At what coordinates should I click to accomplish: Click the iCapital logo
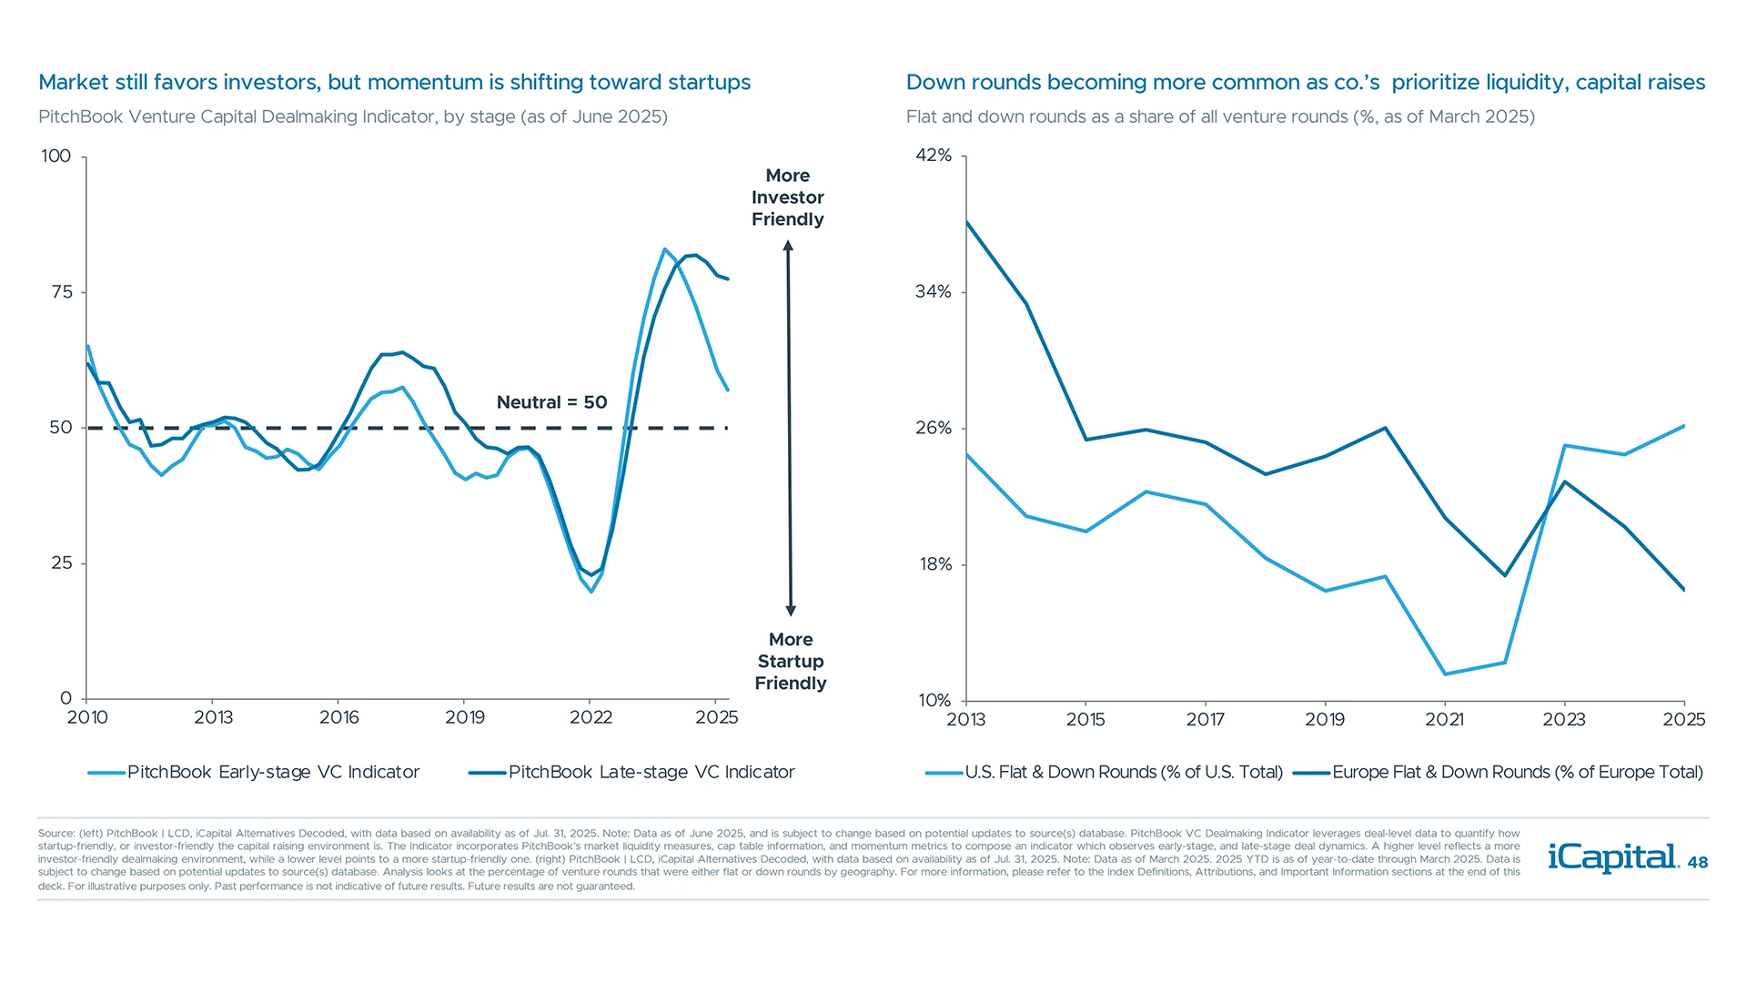tap(1612, 857)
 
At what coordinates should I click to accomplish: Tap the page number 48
tap(1698, 863)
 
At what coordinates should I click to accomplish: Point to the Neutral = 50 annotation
tap(551, 402)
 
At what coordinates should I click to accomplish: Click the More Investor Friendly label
tap(788, 198)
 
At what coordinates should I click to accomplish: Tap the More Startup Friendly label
tap(791, 662)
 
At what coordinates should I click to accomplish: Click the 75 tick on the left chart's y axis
tap(62, 292)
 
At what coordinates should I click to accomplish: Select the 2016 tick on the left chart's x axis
tap(338, 717)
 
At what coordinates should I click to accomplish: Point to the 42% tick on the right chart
tap(934, 156)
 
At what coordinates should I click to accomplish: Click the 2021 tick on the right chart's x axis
tap(1444, 719)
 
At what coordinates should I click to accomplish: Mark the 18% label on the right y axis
tap(935, 564)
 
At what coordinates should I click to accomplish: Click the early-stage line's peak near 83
tap(664, 248)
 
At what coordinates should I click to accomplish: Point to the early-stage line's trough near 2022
tap(591, 592)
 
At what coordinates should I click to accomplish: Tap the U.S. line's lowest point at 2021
tap(1445, 674)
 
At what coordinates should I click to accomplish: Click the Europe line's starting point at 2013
tap(966, 221)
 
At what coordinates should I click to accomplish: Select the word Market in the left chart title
tap(70, 82)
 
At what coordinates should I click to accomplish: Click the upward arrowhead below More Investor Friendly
tap(788, 246)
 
